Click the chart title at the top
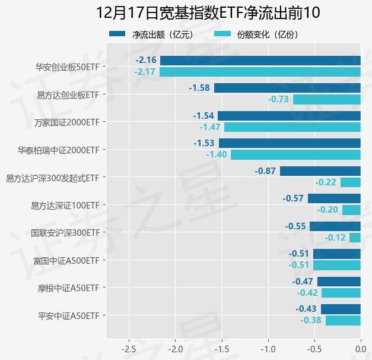pos(208,12)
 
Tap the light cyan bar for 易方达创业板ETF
pos(326,99)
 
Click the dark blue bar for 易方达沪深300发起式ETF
pos(320,171)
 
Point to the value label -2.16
pos(146,60)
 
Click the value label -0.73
pos(278,99)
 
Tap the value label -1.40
pos(217,154)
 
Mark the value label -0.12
pos(335,238)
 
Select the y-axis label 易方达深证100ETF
pos(65,205)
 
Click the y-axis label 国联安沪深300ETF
pos(65,233)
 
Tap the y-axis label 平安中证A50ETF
pos(68,315)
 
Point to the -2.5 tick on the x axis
pos(129,349)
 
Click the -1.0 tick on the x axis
pos(268,349)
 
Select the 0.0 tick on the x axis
pos(360,349)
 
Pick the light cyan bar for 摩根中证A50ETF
pos(341,293)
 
